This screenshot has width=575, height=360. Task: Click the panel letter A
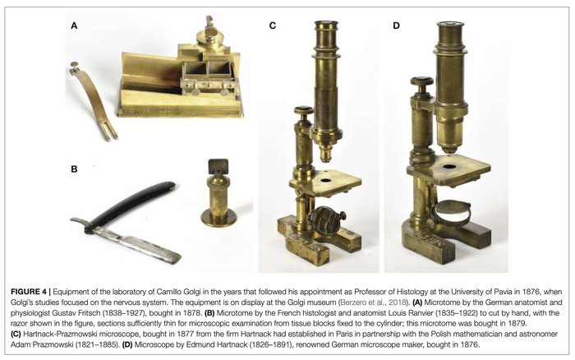74,25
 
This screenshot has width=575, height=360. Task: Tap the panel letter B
74,169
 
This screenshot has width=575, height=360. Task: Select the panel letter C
273,25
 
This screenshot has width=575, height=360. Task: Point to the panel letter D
396,25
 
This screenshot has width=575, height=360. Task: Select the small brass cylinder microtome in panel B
218,193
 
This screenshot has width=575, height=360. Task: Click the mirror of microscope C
325,220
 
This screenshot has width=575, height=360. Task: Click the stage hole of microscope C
325,180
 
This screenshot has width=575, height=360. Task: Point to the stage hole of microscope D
449,167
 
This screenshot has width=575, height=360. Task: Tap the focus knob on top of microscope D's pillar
422,84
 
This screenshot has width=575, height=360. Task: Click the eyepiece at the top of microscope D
451,29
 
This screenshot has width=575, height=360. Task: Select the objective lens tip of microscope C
325,154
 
